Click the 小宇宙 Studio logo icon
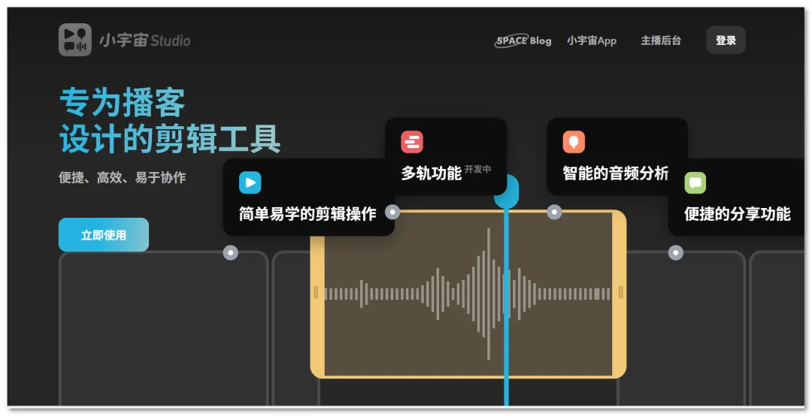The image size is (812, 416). pos(75,40)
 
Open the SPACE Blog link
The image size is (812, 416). pos(523,41)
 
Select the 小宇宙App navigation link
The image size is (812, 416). pos(592,41)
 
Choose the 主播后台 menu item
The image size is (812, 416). pos(661,41)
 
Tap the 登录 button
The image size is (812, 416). pos(726,40)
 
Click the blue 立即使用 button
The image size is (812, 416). pos(104,235)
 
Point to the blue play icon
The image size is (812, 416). pos(250,182)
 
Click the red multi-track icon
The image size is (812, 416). pos(412,142)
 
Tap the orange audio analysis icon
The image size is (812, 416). pos(574,142)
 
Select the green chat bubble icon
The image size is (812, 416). pos(695,182)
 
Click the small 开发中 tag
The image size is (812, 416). pos(477,169)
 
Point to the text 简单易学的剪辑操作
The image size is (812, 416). pos(308,214)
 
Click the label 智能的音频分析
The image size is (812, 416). pos(616,173)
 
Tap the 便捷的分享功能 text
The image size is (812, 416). pos(738,214)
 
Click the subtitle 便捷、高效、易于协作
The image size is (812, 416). pos(123,177)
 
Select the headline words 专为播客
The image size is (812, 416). pos(123,102)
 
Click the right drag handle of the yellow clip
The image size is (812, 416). pos(620,294)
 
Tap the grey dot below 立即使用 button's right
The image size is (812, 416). pos(231,252)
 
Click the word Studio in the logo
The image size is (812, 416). pos(171,41)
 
